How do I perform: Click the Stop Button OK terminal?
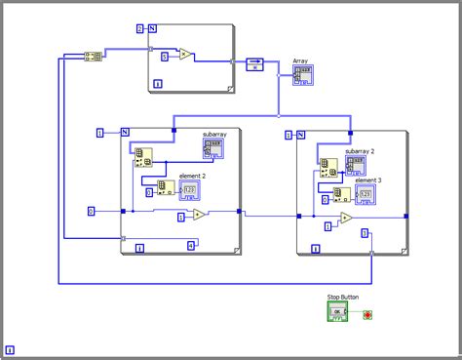click(x=337, y=312)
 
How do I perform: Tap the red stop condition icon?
click(x=367, y=315)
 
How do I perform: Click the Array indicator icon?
click(x=303, y=75)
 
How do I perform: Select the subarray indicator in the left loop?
click(x=213, y=148)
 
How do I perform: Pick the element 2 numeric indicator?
click(x=190, y=188)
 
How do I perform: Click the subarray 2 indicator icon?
click(x=355, y=165)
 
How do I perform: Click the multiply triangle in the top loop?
click(x=184, y=55)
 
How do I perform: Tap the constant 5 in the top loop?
click(x=165, y=59)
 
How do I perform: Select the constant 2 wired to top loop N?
click(x=139, y=29)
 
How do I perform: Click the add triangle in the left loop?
click(x=199, y=215)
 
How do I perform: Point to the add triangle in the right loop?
click(x=346, y=220)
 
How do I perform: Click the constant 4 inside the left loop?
click(x=191, y=245)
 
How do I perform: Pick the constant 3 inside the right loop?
click(x=365, y=233)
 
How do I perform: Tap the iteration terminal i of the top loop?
click(x=159, y=84)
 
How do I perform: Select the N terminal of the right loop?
click(x=301, y=135)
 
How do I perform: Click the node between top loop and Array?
click(x=254, y=65)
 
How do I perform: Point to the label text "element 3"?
click(x=367, y=180)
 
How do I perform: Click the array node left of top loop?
click(x=94, y=57)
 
